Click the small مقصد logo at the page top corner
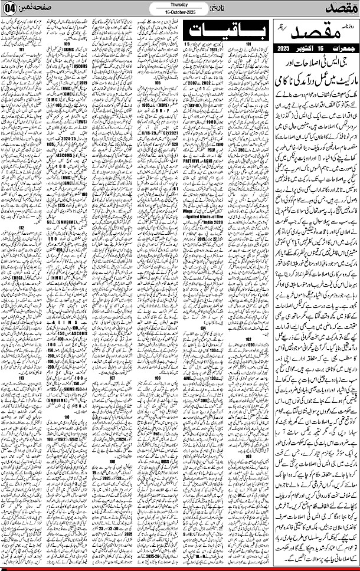340,8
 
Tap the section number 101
249,44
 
